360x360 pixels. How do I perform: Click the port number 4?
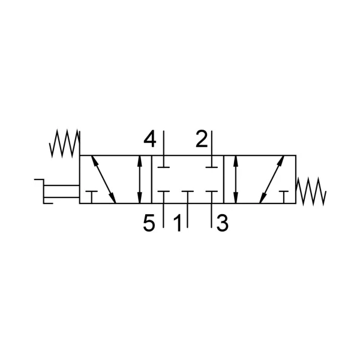point(149,139)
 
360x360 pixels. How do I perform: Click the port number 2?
point(202,139)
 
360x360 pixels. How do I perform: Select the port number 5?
point(149,223)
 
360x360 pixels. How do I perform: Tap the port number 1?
point(178,223)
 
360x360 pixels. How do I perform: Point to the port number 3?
point(222,223)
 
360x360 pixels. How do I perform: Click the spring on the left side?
point(65,143)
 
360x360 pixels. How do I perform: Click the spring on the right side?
point(311,191)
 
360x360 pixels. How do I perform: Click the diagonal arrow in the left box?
point(104,179)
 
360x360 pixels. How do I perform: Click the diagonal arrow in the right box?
point(272,179)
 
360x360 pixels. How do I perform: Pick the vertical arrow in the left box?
point(139,179)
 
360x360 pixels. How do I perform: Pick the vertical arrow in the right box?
point(236,179)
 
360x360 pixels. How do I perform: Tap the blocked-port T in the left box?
point(92,197)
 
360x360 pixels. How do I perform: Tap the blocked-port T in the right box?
point(284,197)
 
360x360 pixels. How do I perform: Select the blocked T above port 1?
point(187,197)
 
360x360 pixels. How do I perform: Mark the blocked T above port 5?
point(163,197)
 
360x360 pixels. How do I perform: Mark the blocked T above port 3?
point(211,197)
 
